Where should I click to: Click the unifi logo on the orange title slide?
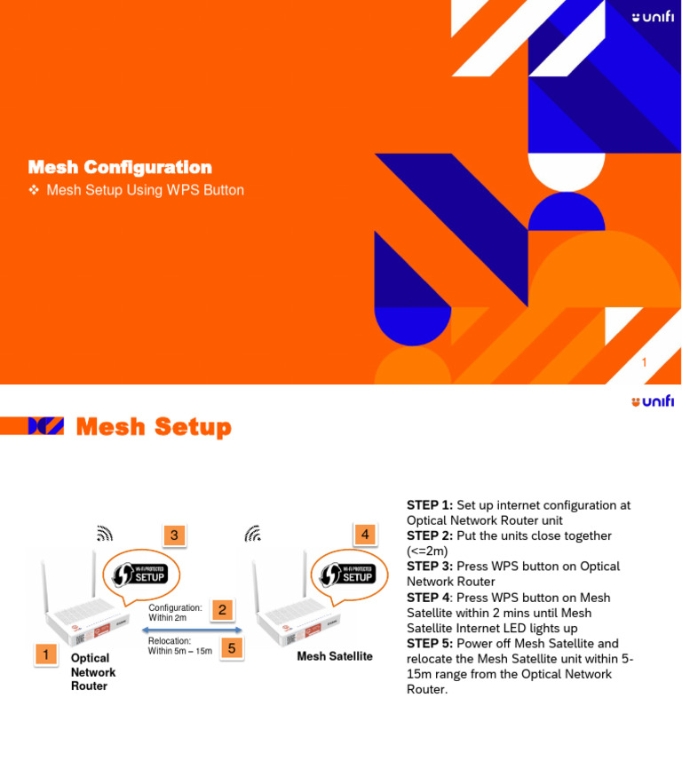(652, 17)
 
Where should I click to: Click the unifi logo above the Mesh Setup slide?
(652, 401)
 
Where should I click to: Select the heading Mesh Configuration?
(120, 167)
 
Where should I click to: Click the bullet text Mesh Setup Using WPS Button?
(145, 190)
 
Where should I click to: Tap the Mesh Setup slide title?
(154, 427)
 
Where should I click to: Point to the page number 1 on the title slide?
(644, 362)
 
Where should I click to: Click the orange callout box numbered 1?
(44, 654)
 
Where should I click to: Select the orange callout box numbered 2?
(223, 609)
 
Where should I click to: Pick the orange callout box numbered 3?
(174, 535)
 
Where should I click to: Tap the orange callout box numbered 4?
(365, 535)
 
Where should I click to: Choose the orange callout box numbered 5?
(231, 648)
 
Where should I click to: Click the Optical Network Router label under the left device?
(92, 671)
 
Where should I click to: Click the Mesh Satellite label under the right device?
(334, 656)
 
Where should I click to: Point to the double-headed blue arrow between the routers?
(194, 630)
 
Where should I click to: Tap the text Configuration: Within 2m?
(175, 612)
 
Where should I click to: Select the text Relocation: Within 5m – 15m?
(179, 646)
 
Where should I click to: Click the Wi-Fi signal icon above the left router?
(105, 534)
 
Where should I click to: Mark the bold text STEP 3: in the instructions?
(430, 567)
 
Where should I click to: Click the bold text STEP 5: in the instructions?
(430, 644)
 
